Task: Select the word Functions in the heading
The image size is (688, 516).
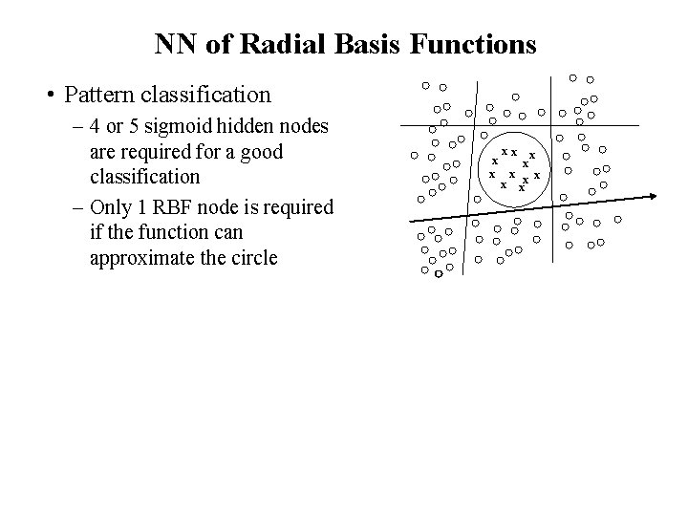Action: pyautogui.click(x=448, y=44)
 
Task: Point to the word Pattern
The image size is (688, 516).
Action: pyautogui.click(x=97, y=96)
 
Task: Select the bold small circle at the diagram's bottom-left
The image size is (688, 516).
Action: pyautogui.click(x=437, y=275)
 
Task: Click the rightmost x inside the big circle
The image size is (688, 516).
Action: pyautogui.click(x=538, y=174)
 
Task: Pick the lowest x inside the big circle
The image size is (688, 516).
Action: pyautogui.click(x=521, y=188)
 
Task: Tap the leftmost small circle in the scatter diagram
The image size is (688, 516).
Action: pyautogui.click(x=415, y=155)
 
